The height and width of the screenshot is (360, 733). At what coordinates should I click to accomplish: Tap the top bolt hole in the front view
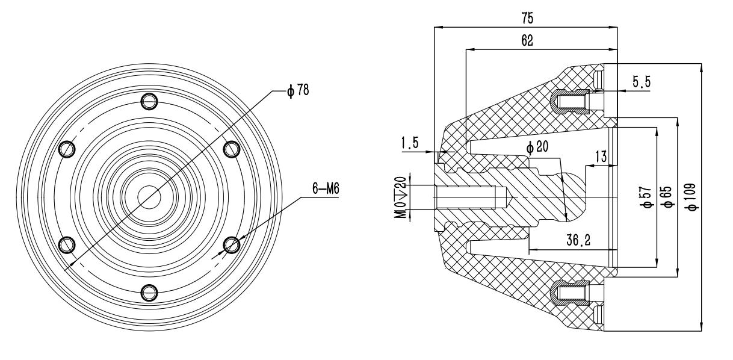coord(149,101)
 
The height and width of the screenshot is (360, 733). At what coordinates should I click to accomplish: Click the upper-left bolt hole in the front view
coord(66,148)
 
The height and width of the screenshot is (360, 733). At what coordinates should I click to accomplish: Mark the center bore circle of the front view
coord(149,196)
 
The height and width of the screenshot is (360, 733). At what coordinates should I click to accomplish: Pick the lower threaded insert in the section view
coord(572,293)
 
